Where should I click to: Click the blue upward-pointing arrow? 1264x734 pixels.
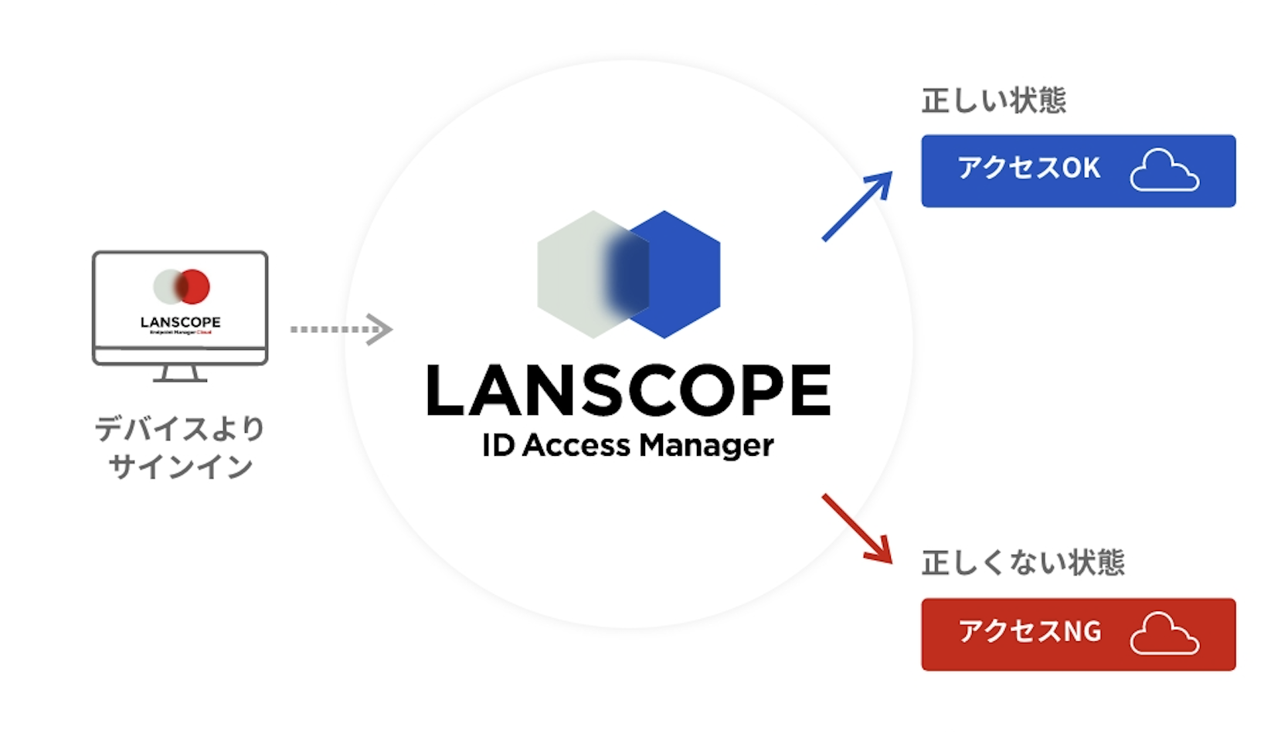coord(857,206)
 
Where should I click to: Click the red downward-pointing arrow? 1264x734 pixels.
coord(857,528)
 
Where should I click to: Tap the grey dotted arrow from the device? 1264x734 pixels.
coord(341,330)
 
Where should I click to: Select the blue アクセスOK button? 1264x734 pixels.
coord(1077,171)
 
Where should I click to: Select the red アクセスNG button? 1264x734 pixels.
coord(1077,634)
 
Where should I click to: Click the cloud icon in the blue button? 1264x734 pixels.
coord(1164,171)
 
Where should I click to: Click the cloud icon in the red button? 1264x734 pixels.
coord(1164,634)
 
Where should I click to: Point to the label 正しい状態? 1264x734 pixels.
coord(994,101)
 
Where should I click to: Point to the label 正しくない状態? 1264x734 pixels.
coord(1022,563)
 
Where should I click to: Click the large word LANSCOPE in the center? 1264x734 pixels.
coord(628,391)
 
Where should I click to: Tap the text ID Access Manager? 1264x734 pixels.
coord(627,446)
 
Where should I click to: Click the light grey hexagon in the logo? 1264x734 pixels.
coord(572,274)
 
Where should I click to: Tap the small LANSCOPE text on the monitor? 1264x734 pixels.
coord(180,322)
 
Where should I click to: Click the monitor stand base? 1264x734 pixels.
coord(180,378)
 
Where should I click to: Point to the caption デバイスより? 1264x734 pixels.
coord(180,428)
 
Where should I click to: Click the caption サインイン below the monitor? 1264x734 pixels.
coord(180,467)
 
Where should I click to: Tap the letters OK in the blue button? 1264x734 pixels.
coord(1081,168)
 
